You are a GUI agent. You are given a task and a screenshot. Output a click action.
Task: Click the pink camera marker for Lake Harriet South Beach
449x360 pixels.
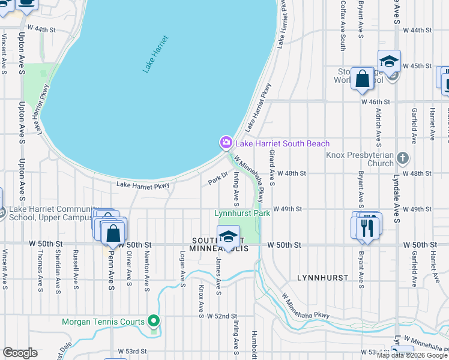click(x=226, y=143)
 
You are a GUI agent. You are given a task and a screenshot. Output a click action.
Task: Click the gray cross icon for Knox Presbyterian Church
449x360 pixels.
click(x=403, y=158)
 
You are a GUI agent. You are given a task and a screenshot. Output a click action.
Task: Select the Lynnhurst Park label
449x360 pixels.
click(x=243, y=213)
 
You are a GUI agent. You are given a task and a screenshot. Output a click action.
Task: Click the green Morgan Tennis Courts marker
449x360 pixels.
click(x=154, y=322)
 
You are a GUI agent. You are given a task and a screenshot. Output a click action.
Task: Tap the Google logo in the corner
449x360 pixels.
click(x=20, y=353)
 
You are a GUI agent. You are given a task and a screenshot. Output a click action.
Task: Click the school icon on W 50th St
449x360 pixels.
click(x=228, y=237)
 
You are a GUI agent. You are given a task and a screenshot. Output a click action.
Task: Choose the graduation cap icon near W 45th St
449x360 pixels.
click(x=389, y=61)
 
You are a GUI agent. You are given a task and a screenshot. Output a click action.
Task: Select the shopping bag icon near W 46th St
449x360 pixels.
click(x=363, y=79)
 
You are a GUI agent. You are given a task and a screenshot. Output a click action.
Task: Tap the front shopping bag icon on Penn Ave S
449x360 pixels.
click(x=113, y=233)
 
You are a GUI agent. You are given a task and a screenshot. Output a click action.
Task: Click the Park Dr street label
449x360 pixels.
click(x=218, y=178)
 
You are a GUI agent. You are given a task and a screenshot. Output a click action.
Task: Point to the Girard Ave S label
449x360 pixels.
click(x=272, y=167)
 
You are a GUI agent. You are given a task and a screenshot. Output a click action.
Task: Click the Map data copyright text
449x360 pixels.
click(x=412, y=355)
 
